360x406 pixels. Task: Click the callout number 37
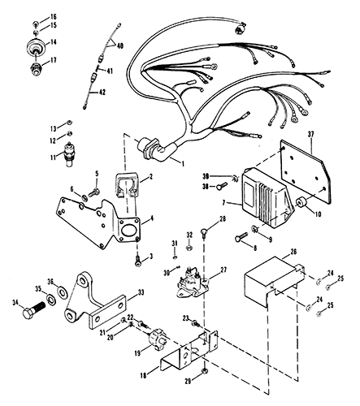(x=311, y=135)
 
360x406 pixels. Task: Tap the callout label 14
(x=54, y=41)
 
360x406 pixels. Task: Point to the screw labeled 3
(x=136, y=259)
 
